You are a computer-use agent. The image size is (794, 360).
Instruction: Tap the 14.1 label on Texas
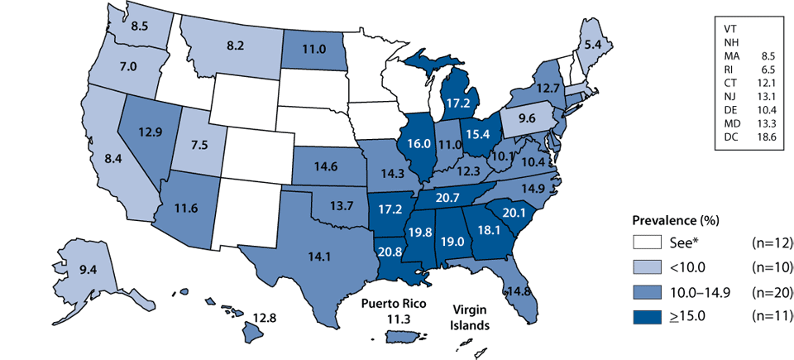(314, 256)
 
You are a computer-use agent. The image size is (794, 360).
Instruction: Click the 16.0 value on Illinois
(414, 142)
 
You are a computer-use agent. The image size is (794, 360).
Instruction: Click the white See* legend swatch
(643, 243)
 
